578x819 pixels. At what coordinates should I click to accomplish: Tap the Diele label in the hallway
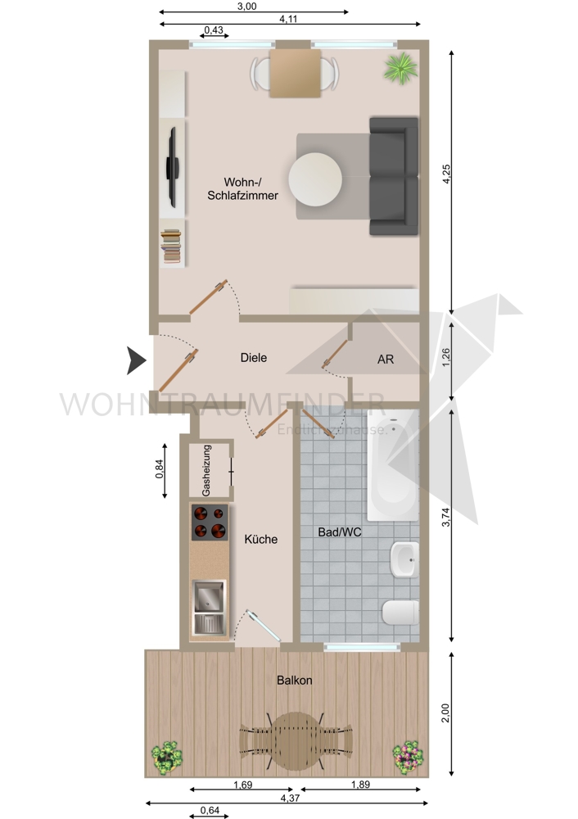[254, 358]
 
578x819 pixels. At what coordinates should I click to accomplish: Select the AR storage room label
[386, 360]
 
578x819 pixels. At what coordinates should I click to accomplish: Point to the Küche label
[261, 540]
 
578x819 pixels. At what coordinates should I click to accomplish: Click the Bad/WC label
[340, 532]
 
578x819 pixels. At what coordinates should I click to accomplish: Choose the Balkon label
[294, 680]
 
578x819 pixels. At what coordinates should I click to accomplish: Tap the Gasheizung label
[207, 471]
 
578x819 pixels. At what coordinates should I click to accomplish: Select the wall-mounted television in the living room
[173, 166]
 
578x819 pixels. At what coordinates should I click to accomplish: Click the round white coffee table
[315, 179]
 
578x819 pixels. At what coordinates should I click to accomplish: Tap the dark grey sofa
[394, 176]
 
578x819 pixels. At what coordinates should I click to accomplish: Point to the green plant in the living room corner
[400, 68]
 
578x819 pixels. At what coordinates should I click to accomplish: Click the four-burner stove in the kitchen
[210, 523]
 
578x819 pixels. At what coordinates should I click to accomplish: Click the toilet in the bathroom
[402, 611]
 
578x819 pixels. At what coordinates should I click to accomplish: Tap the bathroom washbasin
[404, 560]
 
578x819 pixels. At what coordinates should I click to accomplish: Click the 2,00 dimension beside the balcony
[445, 714]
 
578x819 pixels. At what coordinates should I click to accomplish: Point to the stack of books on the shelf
[171, 245]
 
